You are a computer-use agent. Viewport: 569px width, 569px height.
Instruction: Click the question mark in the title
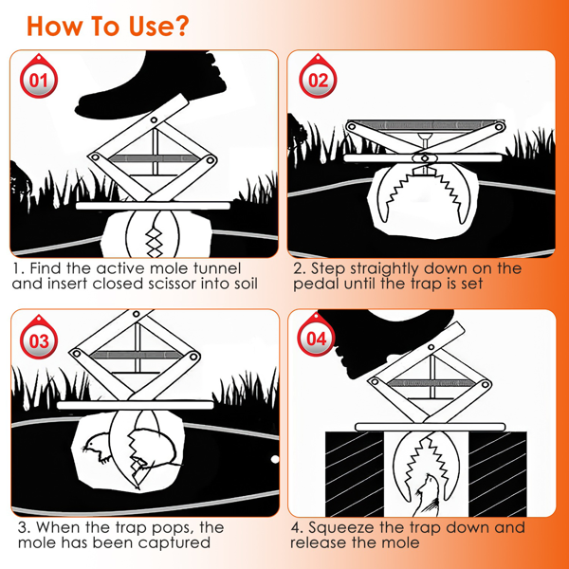pyautogui.click(x=179, y=26)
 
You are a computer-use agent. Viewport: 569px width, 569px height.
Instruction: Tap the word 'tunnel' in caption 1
pyautogui.click(x=217, y=268)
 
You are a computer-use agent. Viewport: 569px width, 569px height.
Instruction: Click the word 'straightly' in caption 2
pyautogui.click(x=384, y=269)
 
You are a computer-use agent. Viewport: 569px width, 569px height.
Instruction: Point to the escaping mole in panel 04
pyautogui.click(x=428, y=495)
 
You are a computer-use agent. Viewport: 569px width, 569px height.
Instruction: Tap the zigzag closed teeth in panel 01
pyautogui.click(x=154, y=239)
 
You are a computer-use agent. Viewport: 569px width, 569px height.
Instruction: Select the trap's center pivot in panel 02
pyautogui.click(x=425, y=158)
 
